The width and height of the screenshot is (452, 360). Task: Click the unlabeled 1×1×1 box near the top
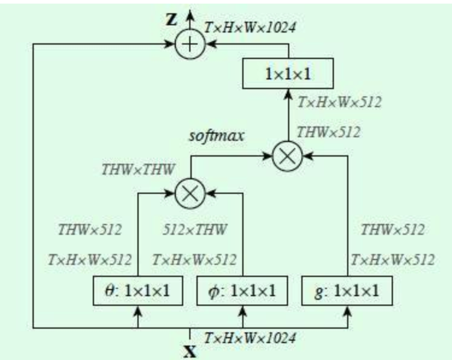[x=287, y=74]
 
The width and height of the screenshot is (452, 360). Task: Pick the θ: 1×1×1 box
[x=138, y=292]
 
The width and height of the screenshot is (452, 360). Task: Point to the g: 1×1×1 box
[x=348, y=292]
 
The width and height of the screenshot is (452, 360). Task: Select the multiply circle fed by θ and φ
[x=190, y=193]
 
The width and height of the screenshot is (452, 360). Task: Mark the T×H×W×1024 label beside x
[x=250, y=338]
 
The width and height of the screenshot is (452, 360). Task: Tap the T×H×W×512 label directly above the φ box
[x=194, y=261]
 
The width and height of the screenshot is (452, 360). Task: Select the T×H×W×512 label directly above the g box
[x=392, y=261]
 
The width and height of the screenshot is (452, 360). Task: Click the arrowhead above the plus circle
[x=190, y=15]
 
